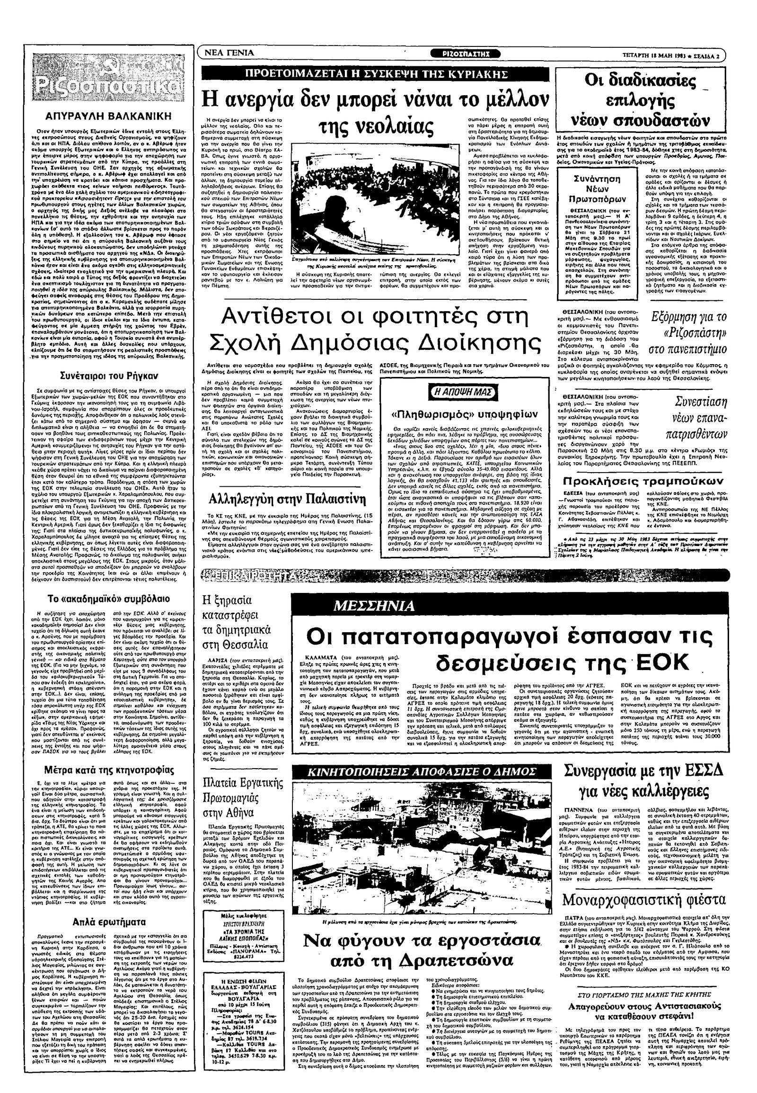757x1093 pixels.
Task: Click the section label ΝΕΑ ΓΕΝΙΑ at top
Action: point(232,53)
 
